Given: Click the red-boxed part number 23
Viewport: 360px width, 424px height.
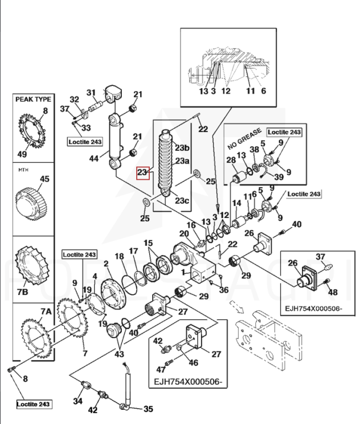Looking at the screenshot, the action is point(143,172).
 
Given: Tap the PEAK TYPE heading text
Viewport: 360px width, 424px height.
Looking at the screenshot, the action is point(33,99).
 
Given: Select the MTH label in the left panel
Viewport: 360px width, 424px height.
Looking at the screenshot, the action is point(23,170).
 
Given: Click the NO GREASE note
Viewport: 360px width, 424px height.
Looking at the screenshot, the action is point(244,138).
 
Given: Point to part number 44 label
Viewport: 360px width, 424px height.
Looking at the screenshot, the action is point(94,158).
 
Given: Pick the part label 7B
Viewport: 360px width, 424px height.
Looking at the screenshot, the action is point(23,292).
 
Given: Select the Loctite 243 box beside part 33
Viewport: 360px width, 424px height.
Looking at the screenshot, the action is point(85,142).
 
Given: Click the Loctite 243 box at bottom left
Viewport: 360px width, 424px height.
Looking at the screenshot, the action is point(33,404).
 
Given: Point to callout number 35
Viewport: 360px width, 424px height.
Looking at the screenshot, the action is point(148,409).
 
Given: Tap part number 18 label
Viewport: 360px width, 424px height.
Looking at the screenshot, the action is point(120,256).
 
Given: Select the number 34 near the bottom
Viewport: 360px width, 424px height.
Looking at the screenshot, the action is point(77,401).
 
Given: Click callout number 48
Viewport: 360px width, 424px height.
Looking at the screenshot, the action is point(333,292).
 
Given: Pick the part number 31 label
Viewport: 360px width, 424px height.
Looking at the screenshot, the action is point(91,93).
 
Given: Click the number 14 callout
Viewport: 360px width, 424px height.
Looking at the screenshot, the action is point(236,203).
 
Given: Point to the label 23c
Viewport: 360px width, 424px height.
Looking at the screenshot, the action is point(182,200).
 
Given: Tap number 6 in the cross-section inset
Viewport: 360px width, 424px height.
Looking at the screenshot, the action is point(263,91).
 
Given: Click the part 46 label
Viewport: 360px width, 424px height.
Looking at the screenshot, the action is point(193,363).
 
